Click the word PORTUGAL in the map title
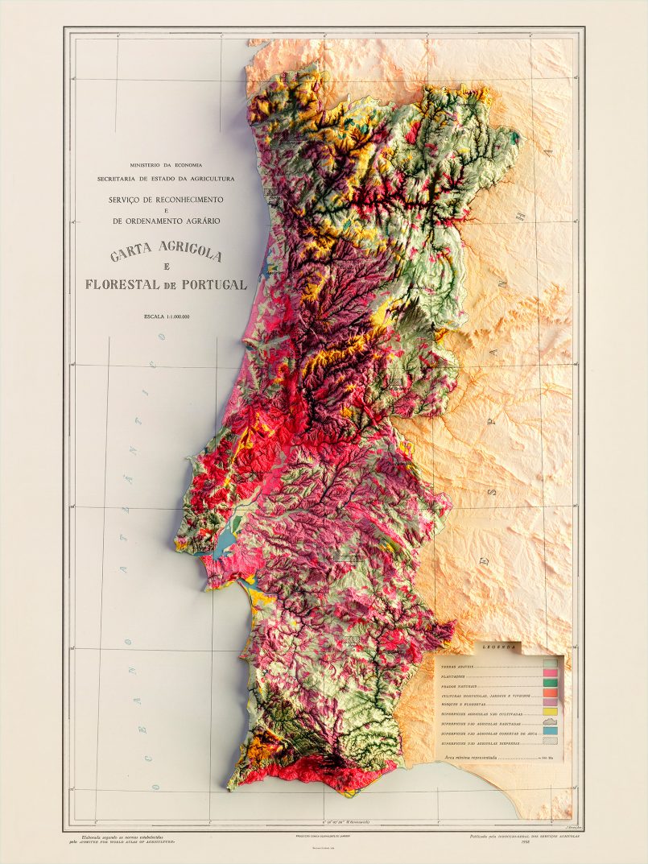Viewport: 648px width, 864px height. pos(212,284)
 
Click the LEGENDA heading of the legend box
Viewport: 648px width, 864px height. pos(498,647)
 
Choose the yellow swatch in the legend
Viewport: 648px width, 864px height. pos(551,712)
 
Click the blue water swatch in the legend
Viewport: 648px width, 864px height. pos(551,730)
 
